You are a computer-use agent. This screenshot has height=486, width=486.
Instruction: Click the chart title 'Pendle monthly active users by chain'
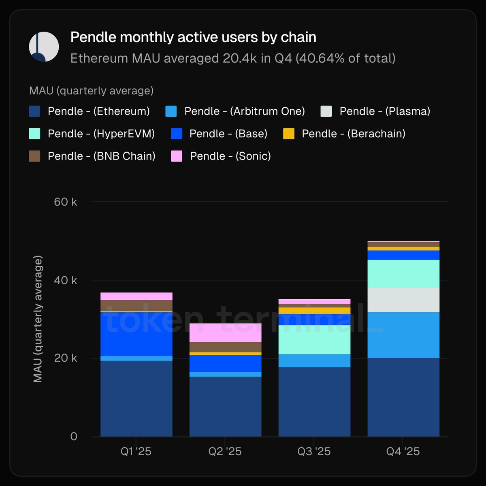193,37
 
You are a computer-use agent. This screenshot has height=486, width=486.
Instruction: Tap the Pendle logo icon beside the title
44,47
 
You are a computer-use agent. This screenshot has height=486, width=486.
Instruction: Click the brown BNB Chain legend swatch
35,156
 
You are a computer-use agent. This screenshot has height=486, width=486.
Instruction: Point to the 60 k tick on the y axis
65,202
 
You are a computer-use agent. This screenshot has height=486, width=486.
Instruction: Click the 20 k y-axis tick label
65,358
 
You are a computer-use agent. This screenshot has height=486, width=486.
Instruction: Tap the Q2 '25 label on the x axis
225,452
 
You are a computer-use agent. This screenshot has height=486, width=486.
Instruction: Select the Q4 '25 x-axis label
403,452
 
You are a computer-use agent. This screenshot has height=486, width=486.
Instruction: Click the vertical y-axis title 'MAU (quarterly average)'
38,319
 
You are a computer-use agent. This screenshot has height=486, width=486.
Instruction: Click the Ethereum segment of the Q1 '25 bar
136,399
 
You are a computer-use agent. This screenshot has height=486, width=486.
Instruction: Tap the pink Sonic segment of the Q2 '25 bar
226,333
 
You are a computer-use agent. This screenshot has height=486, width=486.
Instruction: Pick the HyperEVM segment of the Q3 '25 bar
314,340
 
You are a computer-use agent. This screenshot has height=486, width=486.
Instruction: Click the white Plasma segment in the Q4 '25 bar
403,300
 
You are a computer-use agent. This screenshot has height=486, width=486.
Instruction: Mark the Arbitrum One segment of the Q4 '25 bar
403,335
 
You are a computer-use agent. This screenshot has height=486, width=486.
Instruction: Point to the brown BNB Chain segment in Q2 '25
226,347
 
